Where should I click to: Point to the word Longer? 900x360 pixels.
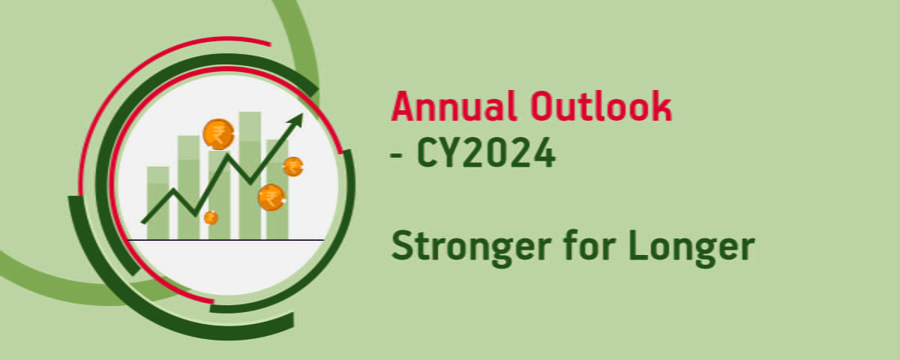pos(688,246)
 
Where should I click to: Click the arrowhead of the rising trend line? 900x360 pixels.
pos(297,120)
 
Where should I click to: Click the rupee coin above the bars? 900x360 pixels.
pos(218,134)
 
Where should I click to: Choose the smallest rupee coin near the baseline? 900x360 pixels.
pos(211,217)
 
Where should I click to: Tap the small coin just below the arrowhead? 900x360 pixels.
pos(292,166)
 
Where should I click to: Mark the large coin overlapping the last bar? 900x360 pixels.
pos(271,197)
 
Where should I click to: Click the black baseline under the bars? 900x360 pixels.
pos(225,240)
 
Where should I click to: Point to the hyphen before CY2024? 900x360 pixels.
pos(396,156)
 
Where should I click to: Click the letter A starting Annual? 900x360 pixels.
pos(403,107)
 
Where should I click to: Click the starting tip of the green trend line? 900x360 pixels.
pos(143,222)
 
